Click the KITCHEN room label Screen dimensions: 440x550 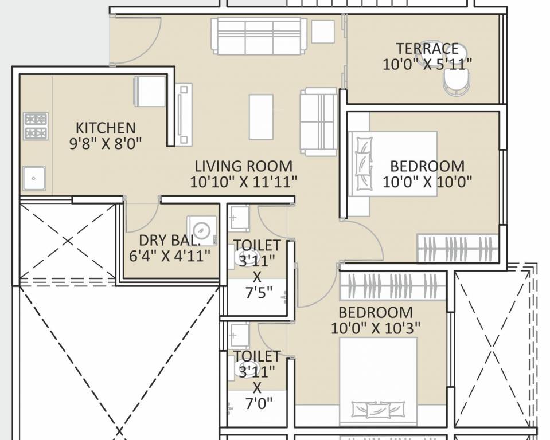[x=106, y=127]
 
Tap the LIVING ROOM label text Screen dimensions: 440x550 [x=244, y=167]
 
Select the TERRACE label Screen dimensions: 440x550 [x=427, y=49]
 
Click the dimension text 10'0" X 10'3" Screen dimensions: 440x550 [x=376, y=328]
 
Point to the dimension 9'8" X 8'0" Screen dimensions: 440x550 [x=106, y=143]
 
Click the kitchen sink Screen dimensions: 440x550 [x=34, y=178]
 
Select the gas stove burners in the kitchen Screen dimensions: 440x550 [x=35, y=126]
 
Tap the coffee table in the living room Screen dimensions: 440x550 [x=261, y=116]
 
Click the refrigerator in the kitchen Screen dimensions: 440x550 [x=150, y=92]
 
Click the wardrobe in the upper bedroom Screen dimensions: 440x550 [x=457, y=249]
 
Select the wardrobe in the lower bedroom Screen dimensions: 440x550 [x=393, y=285]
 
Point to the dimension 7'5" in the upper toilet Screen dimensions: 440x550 [x=257, y=296]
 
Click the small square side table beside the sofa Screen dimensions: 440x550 [x=323, y=32]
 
